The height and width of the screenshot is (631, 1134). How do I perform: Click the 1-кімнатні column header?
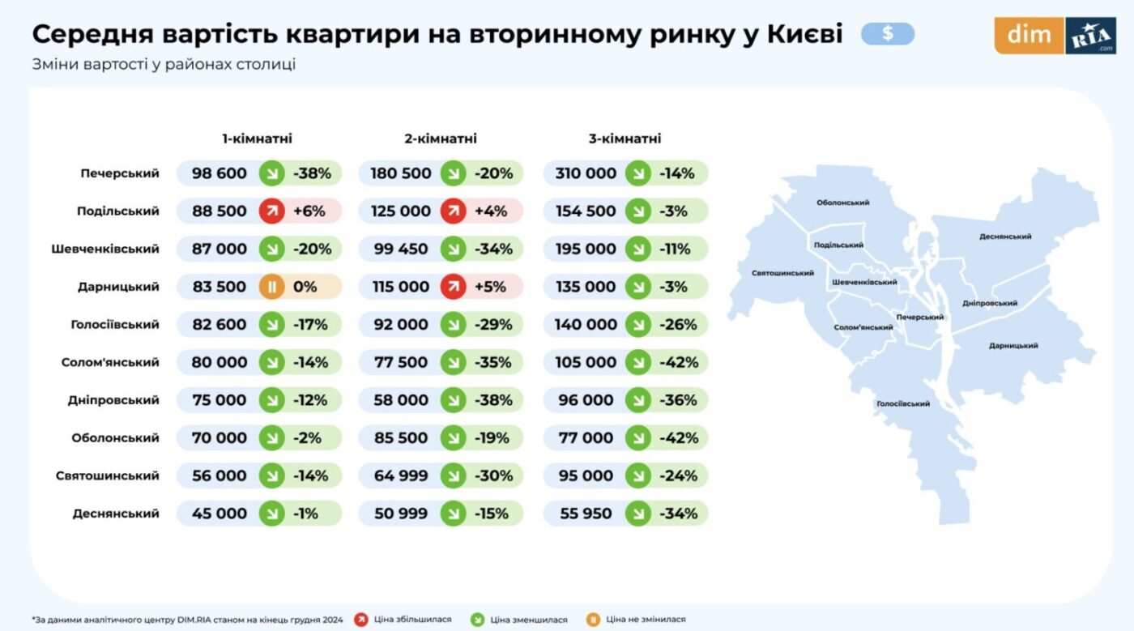click(257, 139)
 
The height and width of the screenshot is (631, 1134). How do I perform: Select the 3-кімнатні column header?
click(625, 139)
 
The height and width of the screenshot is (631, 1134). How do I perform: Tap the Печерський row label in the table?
click(120, 173)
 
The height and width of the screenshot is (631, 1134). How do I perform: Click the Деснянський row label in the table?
click(116, 514)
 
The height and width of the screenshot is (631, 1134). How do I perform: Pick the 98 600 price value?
click(219, 173)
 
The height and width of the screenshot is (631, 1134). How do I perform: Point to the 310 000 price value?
click(586, 173)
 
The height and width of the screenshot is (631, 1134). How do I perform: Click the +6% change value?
click(309, 211)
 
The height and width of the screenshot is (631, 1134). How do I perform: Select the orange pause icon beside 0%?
click(271, 287)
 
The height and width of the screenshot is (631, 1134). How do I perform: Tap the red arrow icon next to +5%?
click(453, 287)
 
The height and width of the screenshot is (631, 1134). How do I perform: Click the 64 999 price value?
click(400, 476)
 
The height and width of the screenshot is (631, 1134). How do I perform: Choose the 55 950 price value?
click(585, 514)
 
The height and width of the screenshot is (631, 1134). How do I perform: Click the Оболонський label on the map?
click(842, 203)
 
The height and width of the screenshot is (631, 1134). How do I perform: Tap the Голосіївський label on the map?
click(902, 403)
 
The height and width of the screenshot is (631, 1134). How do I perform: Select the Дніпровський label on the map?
click(989, 303)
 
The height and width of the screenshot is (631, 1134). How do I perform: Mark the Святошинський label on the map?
click(782, 273)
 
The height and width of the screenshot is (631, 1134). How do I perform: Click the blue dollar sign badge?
click(888, 33)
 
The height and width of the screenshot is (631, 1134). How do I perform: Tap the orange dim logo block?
click(1029, 35)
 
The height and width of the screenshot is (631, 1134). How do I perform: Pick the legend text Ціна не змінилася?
click(646, 620)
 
